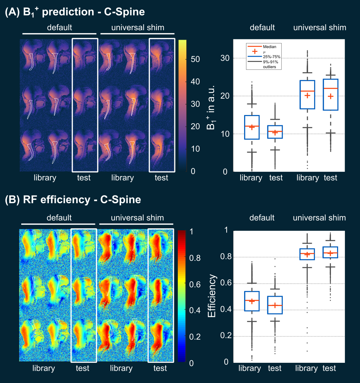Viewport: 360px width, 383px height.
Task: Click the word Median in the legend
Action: tap(269, 47)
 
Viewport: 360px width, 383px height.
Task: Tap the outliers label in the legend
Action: tap(269, 67)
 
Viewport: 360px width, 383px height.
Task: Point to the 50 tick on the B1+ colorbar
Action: tap(195, 59)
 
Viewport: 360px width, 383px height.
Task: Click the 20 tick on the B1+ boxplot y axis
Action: tap(225, 96)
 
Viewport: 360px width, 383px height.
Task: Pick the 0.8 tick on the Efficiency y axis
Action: tap(226, 256)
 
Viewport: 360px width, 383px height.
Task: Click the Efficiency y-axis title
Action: tap(212, 296)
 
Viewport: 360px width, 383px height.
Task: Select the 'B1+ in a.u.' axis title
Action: tap(211, 107)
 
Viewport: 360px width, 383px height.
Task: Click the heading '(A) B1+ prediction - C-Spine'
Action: tap(75, 12)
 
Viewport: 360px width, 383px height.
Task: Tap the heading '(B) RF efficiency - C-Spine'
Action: tap(73, 200)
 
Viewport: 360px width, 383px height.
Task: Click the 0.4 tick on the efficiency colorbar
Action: tap(195, 310)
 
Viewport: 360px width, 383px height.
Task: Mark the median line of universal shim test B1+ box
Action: tap(331, 88)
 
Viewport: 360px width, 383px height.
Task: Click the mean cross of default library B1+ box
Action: tap(252, 127)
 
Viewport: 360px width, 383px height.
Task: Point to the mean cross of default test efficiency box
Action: tap(275, 305)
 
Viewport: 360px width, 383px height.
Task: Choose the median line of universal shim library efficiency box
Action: tap(307, 254)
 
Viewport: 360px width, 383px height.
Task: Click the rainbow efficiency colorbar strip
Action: tap(182, 296)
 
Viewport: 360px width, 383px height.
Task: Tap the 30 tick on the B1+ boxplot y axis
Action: tap(225, 58)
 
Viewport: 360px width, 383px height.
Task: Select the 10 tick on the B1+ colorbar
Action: tap(195, 149)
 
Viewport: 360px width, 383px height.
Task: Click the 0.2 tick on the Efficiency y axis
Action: tap(226, 336)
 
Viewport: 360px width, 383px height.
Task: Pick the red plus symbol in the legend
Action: tap(255, 52)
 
